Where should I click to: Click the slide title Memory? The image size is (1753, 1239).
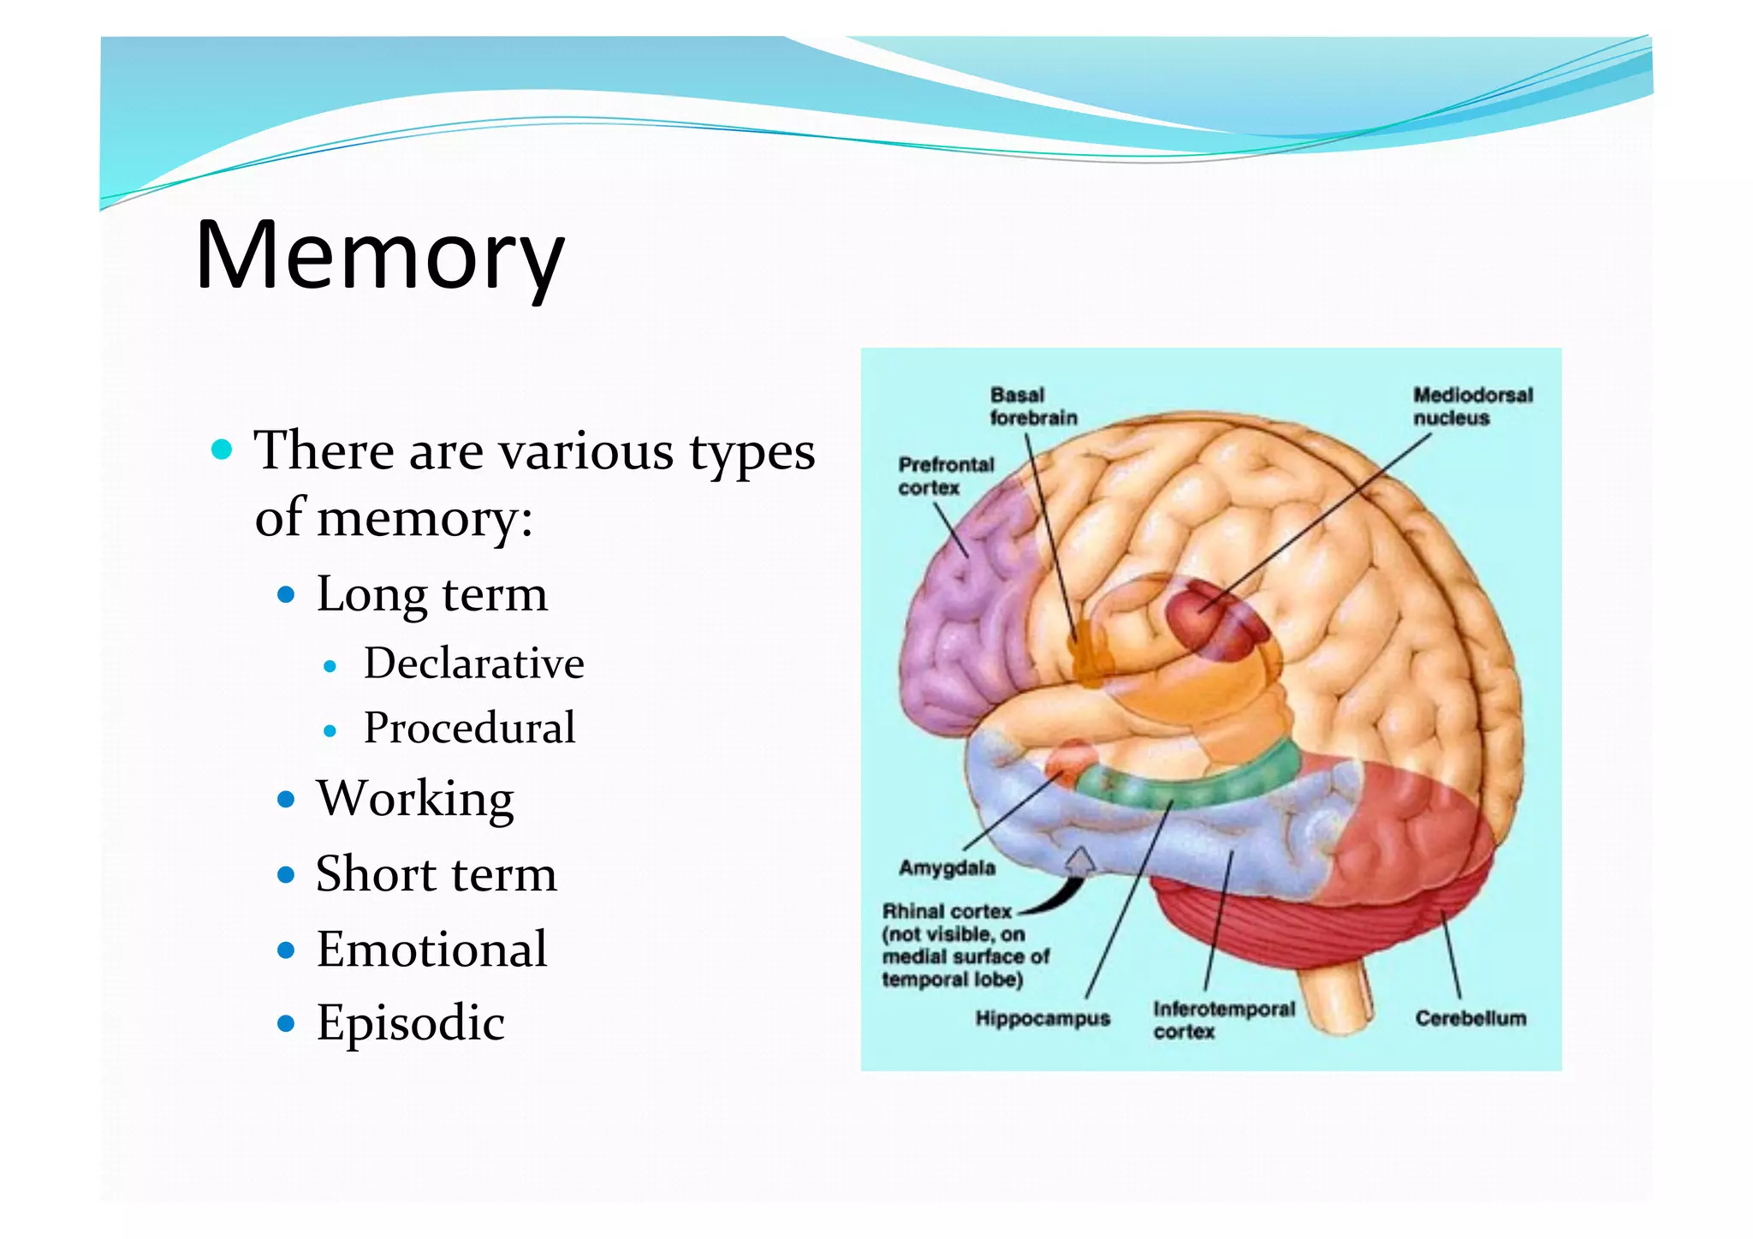379,255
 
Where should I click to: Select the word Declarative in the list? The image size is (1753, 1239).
473,664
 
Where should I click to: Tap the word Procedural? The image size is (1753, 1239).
469,729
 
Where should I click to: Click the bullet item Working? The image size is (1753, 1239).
415,799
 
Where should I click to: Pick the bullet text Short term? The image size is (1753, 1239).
436,874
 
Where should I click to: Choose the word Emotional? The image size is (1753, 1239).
431,949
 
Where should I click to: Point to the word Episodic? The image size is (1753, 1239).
410,1022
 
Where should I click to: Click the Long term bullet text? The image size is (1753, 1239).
431,593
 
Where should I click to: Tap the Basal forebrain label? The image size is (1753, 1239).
1032,407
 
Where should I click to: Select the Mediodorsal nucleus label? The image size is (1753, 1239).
1472,407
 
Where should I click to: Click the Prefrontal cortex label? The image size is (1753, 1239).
946,476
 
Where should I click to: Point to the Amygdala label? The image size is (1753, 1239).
947,867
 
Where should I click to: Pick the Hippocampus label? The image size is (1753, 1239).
1042,1018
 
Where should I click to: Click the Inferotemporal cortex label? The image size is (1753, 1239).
1223,1020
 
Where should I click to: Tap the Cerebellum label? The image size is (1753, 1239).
1470,1018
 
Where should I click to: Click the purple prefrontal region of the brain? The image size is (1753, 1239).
959,617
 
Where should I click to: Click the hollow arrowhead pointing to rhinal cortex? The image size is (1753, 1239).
1082,859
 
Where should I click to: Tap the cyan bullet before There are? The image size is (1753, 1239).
222,450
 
